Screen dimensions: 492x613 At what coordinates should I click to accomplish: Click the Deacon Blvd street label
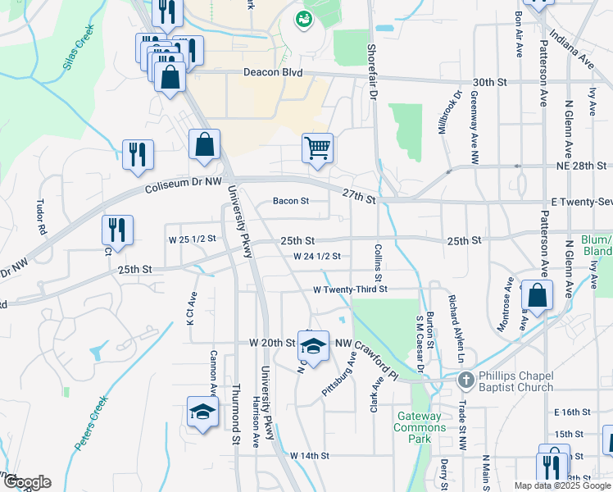pyautogui.click(x=273, y=72)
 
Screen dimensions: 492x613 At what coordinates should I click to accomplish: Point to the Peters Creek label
pyautogui.click(x=92, y=423)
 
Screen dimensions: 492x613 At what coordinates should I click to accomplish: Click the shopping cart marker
pyautogui.click(x=317, y=148)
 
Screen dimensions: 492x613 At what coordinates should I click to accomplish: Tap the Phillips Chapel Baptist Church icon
pyautogui.click(x=465, y=380)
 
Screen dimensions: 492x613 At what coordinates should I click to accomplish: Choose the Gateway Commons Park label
pyautogui.click(x=419, y=427)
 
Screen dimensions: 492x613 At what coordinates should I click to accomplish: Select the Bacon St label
pyautogui.click(x=291, y=200)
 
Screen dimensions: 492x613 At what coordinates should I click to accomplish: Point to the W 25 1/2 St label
pyautogui.click(x=192, y=239)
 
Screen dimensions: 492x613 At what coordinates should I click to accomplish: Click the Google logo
pyautogui.click(x=26, y=482)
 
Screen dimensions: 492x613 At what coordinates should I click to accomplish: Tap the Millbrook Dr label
pyautogui.click(x=448, y=113)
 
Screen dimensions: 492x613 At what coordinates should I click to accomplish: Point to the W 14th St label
pyautogui.click(x=309, y=455)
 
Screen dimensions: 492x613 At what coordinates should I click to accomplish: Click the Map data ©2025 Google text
pyautogui.click(x=562, y=485)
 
